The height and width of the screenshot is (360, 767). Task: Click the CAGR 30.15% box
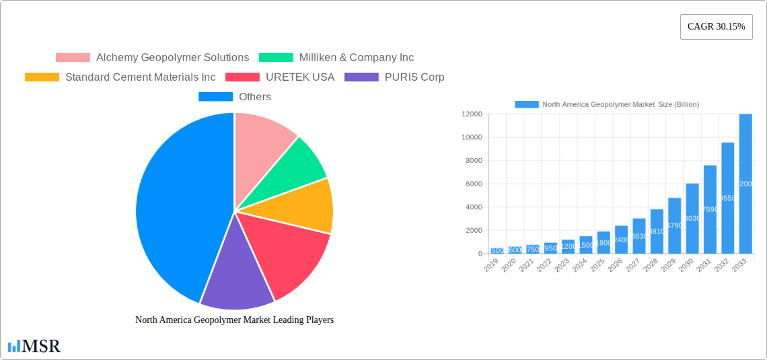716,27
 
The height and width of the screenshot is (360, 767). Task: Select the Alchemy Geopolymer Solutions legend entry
153,58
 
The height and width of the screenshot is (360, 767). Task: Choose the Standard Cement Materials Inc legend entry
120,77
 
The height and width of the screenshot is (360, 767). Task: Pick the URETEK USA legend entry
280,77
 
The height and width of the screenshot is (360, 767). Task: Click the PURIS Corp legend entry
394,77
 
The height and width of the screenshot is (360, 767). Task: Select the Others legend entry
235,97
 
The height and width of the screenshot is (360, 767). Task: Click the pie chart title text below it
234,320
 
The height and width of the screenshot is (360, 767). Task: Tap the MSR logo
34,347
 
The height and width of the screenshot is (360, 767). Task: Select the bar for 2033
745,183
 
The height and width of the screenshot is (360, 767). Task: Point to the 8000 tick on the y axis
472,161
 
